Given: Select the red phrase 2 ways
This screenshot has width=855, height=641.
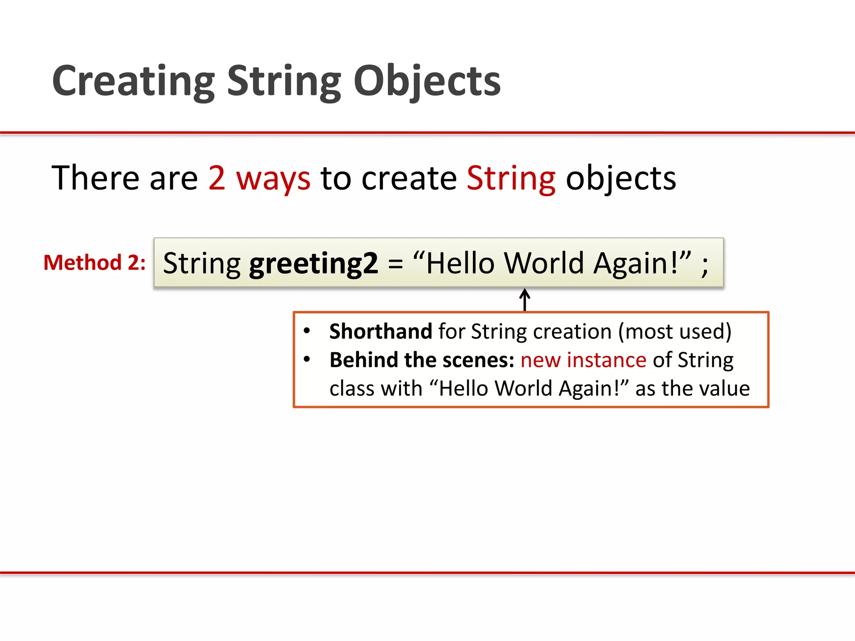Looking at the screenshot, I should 259,178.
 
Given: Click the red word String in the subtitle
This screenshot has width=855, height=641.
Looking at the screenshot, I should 511,178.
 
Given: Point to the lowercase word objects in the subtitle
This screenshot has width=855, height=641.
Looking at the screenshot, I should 621,178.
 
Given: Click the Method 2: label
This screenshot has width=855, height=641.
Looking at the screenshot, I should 95,263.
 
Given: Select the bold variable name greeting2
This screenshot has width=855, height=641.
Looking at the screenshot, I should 314,264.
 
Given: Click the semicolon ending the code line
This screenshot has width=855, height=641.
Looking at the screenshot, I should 705,265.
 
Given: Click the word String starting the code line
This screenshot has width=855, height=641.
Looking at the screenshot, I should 202,264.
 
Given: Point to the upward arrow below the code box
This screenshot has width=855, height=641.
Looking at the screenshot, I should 525,300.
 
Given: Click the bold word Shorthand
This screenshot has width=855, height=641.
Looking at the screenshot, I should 380,331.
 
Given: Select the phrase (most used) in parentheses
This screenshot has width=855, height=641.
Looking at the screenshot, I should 675,331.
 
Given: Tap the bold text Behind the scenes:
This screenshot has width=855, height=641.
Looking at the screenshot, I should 422,360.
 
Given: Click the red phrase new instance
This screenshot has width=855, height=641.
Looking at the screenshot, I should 583,360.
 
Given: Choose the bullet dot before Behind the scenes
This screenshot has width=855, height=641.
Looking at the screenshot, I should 307,359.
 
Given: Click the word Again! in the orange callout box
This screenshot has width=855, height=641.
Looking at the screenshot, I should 589,389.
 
